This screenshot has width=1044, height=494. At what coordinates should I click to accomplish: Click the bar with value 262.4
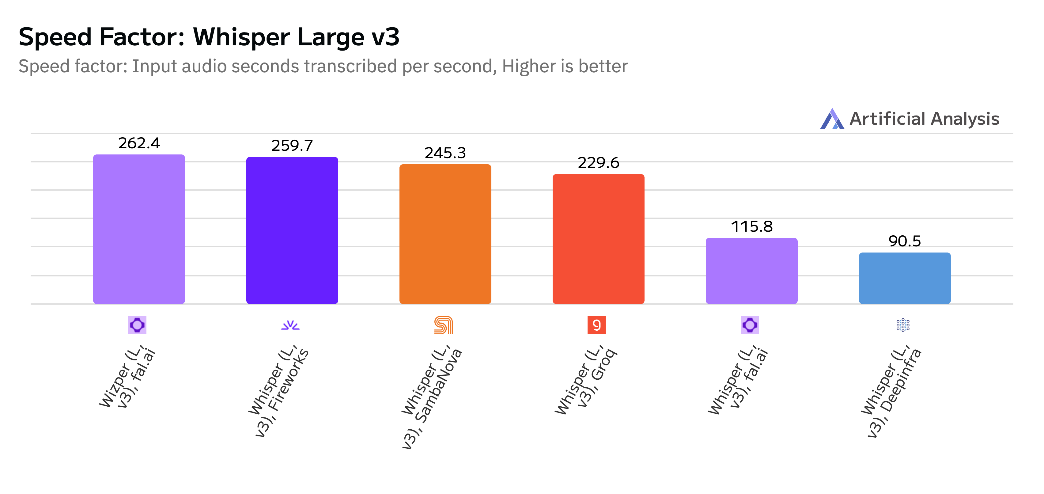pos(139,229)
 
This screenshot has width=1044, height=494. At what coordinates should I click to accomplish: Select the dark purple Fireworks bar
pos(292,230)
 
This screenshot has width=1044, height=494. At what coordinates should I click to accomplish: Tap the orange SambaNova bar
pos(445,234)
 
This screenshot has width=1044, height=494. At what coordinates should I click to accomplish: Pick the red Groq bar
pos(598,239)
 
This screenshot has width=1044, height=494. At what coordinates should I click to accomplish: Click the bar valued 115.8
pos(751,271)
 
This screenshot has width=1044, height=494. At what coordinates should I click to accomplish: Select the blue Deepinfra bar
pos(905,278)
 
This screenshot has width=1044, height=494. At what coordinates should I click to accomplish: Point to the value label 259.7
pos(292,146)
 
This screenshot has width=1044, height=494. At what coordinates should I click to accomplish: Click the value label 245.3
pos(445,153)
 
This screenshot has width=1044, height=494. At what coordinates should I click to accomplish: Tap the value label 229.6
pos(598,163)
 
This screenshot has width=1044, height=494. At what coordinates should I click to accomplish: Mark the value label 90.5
pos(905,241)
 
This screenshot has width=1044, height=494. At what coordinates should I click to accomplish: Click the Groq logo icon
pos(596,325)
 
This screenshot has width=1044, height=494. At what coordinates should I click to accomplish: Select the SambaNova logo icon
pos(443,325)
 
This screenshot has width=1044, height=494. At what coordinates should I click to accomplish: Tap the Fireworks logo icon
pos(290,325)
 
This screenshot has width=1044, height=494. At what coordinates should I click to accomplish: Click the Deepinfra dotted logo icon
pos(903,325)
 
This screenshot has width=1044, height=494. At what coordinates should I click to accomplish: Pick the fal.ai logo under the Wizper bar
pos(137,325)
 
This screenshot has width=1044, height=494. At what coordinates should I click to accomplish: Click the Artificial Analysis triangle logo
pos(832,119)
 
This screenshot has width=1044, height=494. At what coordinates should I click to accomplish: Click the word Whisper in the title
pos(241,37)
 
